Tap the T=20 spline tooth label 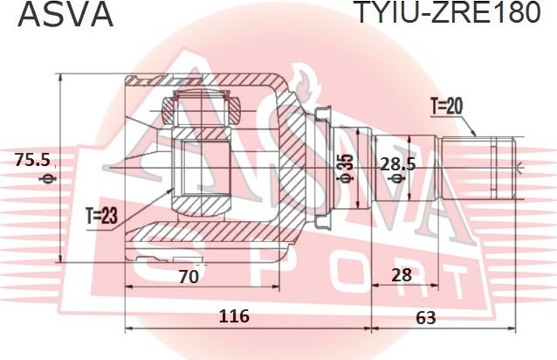tap(445, 107)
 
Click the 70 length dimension tap(188, 278)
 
